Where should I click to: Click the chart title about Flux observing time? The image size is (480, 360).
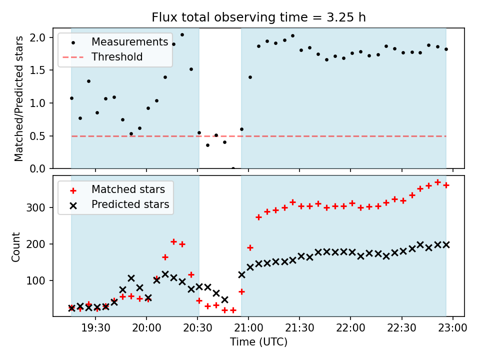[259, 17]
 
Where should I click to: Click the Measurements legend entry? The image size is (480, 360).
[129, 41]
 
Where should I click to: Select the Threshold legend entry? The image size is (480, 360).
[117, 57]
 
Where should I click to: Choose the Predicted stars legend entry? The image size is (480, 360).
[130, 204]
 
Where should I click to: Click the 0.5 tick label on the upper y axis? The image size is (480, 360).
[40, 136]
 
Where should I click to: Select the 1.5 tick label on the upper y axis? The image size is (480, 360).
[40, 70]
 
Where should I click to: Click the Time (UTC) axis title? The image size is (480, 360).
[259, 342]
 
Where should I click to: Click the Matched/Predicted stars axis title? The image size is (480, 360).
[18, 98]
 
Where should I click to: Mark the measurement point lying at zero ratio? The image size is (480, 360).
[233, 168]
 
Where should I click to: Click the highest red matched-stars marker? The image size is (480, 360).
[437, 182]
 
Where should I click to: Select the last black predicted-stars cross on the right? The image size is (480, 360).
[446, 244]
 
